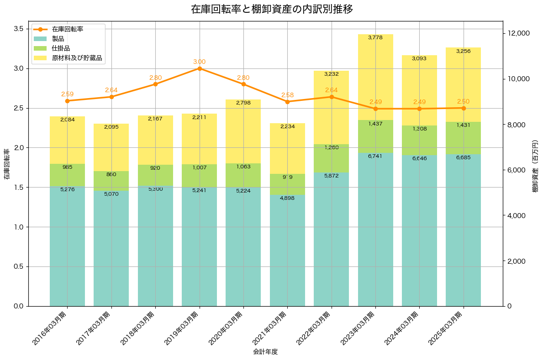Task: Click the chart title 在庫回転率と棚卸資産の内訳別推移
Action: tap(272, 9)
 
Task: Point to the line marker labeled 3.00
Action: tap(200, 68)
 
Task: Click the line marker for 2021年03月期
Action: tap(288, 102)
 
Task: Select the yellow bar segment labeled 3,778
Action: tap(375, 78)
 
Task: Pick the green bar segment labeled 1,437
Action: tap(375, 136)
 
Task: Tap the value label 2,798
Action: tap(243, 103)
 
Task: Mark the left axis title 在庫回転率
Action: tap(6, 164)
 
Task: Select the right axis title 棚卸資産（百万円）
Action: tap(535, 164)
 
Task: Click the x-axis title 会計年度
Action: tap(265, 352)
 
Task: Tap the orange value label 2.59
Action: tap(67, 94)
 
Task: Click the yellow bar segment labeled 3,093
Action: tap(419, 90)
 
